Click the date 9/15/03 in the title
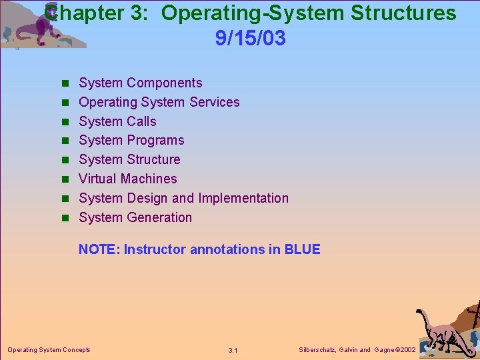point(250,39)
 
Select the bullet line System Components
point(140,83)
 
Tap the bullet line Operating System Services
point(159,102)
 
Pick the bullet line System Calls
point(117,121)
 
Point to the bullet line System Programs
point(131,140)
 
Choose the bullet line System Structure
point(129,159)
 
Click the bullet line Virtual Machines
point(127,179)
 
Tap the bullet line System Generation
point(135,217)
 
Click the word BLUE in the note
point(302,250)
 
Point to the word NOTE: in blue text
point(99,250)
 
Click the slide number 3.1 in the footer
point(233,350)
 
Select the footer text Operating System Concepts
point(49,349)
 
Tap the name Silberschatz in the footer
point(316,349)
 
